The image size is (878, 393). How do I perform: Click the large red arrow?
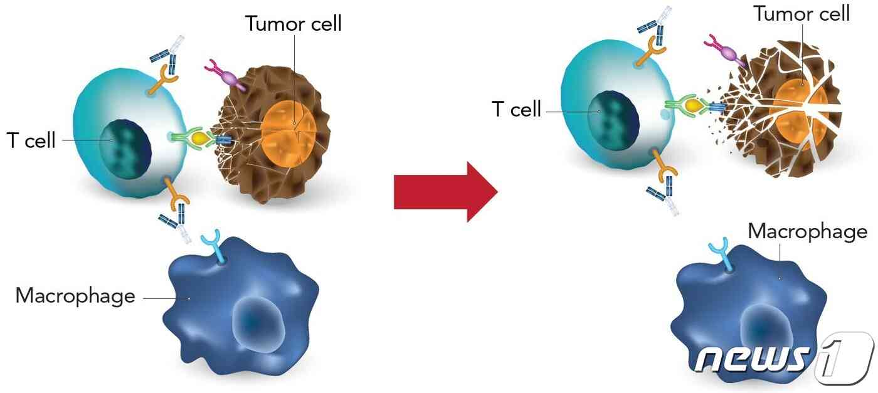pyautogui.click(x=446, y=192)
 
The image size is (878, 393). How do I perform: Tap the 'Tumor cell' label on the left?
pyautogui.click(x=294, y=24)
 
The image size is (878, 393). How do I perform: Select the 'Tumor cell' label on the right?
pyautogui.click(x=802, y=14)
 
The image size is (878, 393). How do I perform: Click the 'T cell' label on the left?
pyautogui.click(x=31, y=140)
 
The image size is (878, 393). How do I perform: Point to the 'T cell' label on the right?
pyautogui.click(x=516, y=108)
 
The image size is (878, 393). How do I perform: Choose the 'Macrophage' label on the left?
pyautogui.click(x=75, y=296)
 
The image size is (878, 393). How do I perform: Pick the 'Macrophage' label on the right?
pyautogui.click(x=808, y=231)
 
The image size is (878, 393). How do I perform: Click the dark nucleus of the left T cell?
pyautogui.click(x=125, y=149)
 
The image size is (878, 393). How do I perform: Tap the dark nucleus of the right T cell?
pyautogui.click(x=613, y=120)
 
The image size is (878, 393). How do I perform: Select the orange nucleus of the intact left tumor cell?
pyautogui.click(x=288, y=134)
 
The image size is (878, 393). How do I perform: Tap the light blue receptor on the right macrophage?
pyautogui.click(x=721, y=254)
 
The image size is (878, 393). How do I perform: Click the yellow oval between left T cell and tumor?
pyautogui.click(x=200, y=139)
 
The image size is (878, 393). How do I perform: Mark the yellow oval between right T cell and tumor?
pyautogui.click(x=693, y=105)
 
